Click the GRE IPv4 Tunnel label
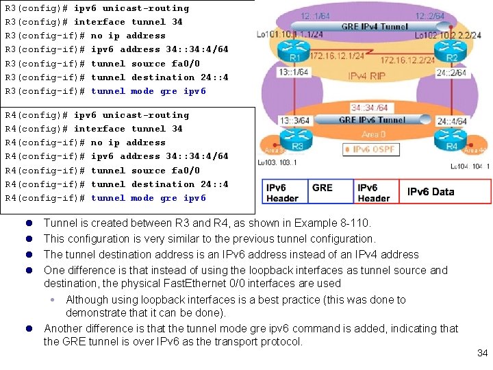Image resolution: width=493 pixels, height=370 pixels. tap(375, 27)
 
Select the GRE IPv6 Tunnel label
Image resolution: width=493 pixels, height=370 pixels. tap(372, 120)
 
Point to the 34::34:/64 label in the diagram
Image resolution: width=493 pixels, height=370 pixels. tap(370, 108)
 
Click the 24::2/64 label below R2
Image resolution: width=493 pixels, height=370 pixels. tap(451, 72)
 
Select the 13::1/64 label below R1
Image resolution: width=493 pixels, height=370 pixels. tap(292, 72)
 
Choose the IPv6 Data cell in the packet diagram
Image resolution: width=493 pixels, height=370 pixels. tap(431, 192)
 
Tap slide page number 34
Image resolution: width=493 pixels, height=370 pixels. tap(482, 353)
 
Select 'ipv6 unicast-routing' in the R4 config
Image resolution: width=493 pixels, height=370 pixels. tap(131, 115)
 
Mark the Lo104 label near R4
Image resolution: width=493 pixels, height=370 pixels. tap(459, 166)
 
